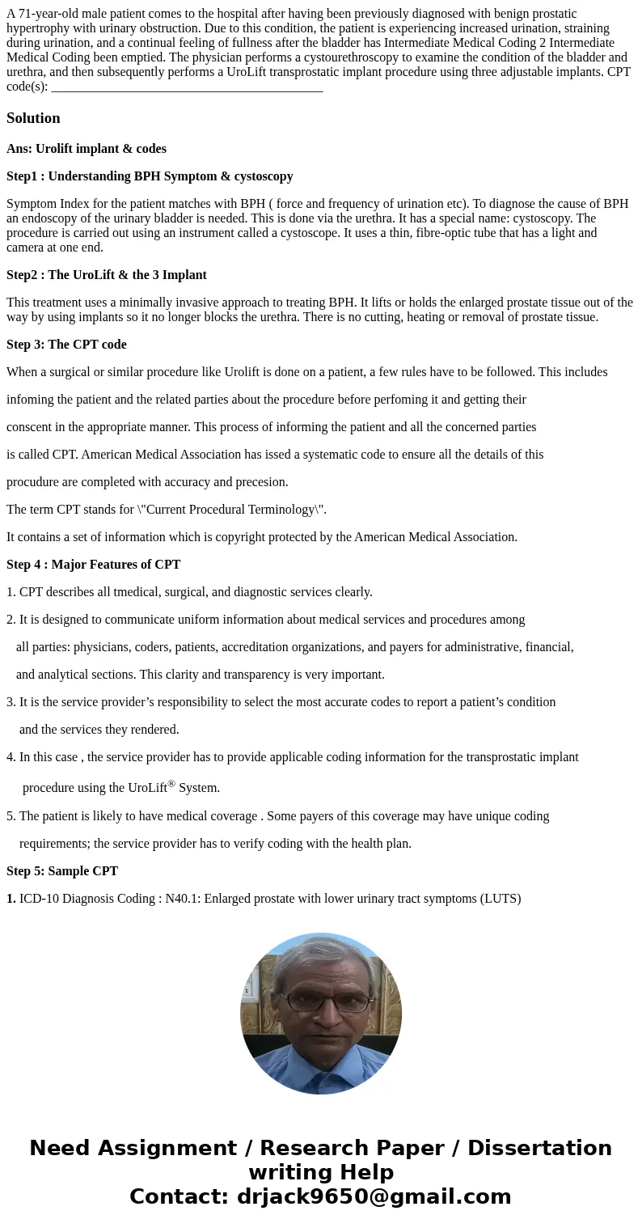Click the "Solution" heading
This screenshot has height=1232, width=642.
[x=33, y=118]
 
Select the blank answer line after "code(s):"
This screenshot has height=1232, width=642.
[x=186, y=87]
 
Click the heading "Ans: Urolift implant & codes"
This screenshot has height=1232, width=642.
[x=87, y=149]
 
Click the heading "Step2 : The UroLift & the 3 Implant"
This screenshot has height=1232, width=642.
[x=107, y=275]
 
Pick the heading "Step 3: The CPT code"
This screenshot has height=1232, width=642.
[x=66, y=345]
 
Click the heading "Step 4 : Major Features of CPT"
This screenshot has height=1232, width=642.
[x=93, y=565]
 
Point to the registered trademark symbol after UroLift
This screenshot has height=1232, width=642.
[x=171, y=783]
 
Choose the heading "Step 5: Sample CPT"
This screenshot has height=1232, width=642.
[x=62, y=871]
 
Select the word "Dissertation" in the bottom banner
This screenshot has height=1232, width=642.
[x=539, y=1149]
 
